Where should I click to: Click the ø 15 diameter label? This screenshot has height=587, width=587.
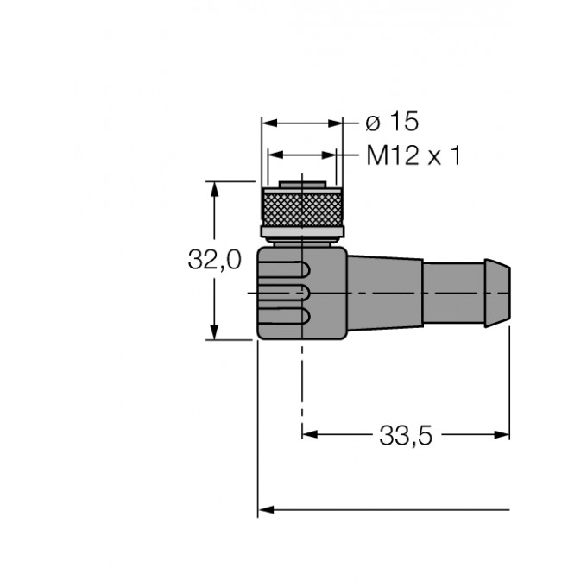pyautogui.click(x=386, y=122)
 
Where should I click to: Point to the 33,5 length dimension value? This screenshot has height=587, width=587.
pyautogui.click(x=405, y=435)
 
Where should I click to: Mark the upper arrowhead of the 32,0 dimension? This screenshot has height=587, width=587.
pyautogui.click(x=215, y=188)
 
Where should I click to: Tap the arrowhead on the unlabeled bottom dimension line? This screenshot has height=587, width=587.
pyautogui.click(x=266, y=510)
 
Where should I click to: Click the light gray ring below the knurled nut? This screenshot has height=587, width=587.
pyautogui.click(x=302, y=237)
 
